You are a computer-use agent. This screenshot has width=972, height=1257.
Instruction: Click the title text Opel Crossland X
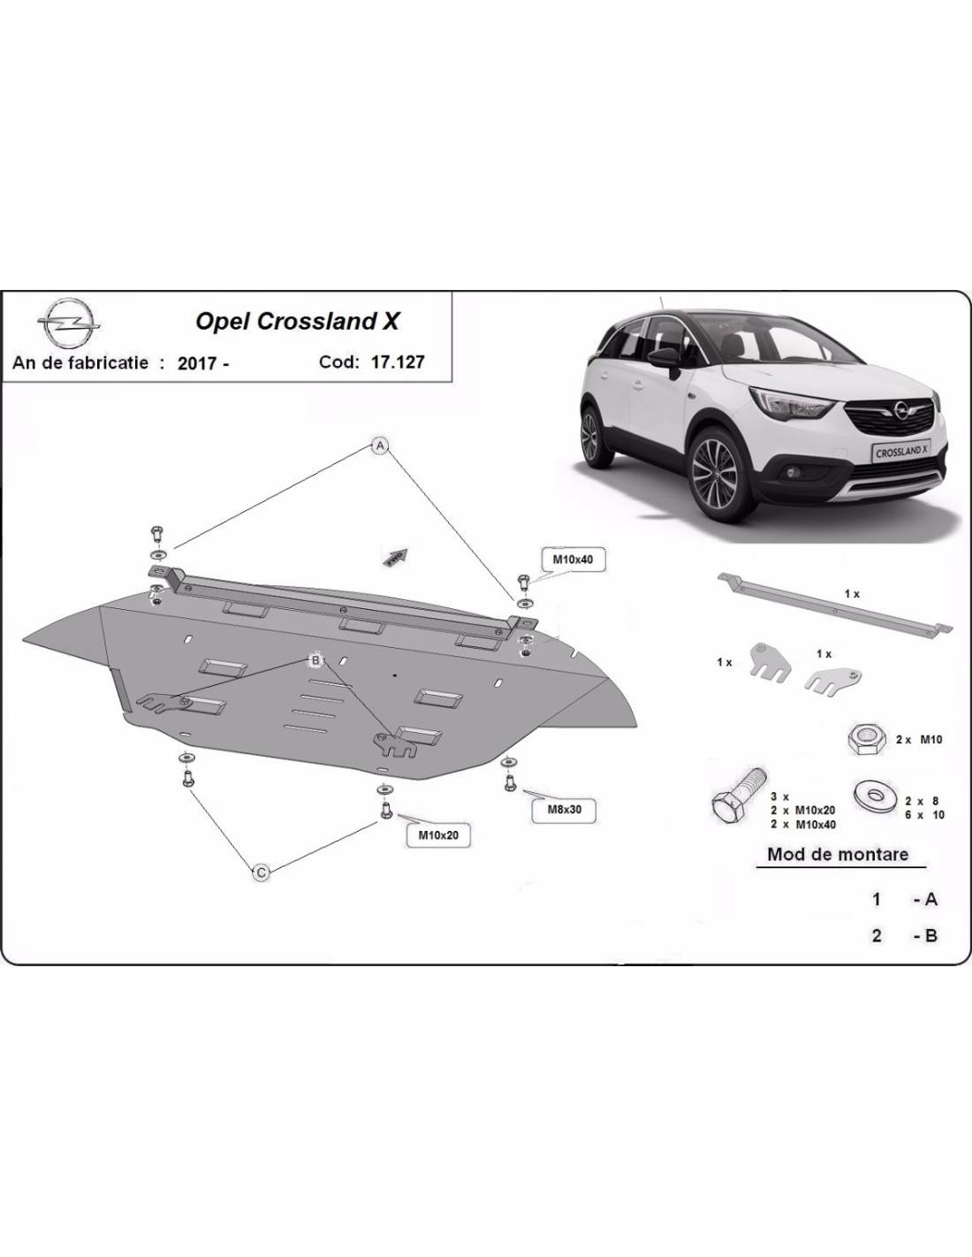click(297, 322)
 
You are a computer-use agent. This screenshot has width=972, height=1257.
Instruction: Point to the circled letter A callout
click(380, 446)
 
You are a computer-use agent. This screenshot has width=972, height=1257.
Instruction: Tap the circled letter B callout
click(315, 660)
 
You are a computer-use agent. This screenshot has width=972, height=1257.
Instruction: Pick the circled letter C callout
click(262, 872)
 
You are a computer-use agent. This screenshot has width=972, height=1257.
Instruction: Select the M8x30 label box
click(563, 809)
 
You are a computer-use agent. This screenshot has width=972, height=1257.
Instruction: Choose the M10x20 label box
click(437, 834)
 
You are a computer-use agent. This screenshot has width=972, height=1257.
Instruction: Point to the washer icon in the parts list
click(875, 796)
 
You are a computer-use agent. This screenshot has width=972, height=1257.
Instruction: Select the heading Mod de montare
click(837, 854)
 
